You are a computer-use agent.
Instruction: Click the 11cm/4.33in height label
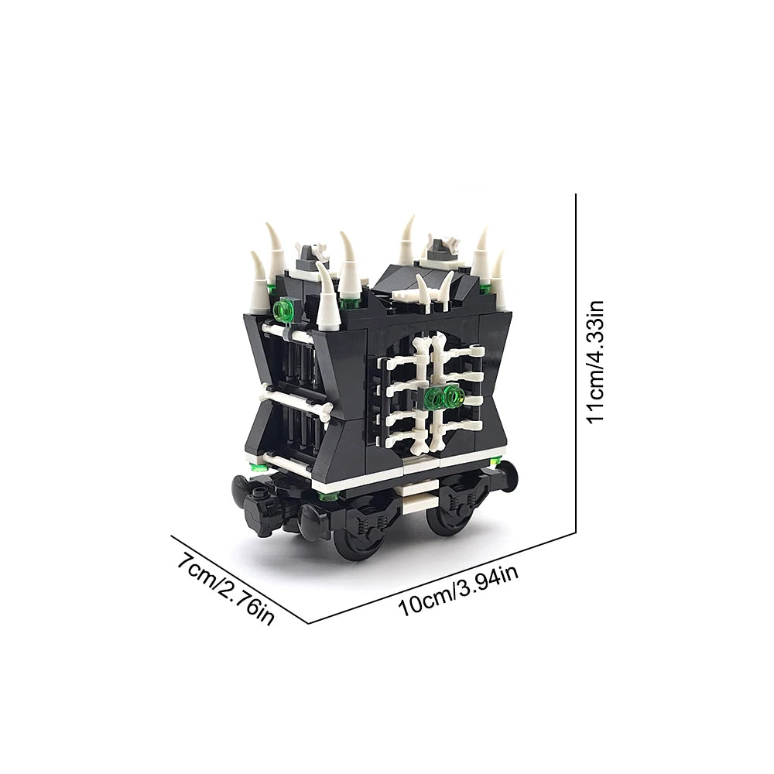(x=594, y=361)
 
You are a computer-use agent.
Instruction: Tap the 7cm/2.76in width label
(x=225, y=588)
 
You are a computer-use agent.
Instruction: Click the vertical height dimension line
(x=576, y=363)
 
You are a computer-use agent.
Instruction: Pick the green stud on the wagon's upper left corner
(x=282, y=311)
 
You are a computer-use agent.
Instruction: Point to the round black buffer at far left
(x=243, y=488)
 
